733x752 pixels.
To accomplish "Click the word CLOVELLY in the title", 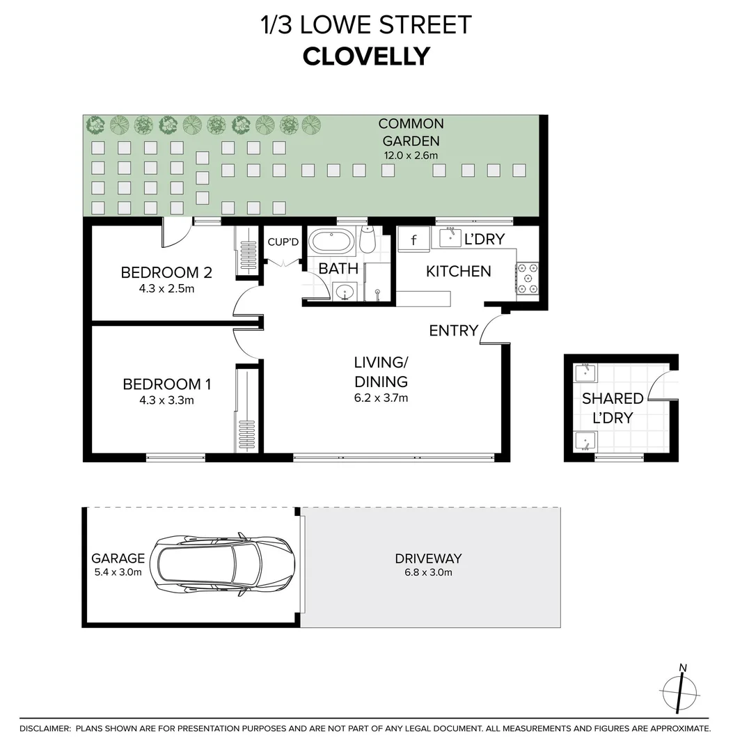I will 366,56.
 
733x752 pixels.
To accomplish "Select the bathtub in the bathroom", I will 332,242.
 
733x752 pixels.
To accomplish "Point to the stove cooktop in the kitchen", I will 527,278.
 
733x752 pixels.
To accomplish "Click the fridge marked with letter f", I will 414,240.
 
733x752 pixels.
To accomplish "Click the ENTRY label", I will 453,331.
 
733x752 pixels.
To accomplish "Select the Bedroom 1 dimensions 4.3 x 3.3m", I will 167,400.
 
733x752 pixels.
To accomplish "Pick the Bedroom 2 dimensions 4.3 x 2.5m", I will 167,288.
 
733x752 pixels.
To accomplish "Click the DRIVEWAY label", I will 428,558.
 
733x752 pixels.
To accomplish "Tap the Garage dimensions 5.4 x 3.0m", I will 118,572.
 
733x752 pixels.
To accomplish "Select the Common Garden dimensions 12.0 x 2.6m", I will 411,155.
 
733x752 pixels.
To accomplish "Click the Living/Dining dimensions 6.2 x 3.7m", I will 380,398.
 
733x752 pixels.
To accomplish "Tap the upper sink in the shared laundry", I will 585,373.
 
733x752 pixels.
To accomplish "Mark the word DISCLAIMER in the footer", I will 45,728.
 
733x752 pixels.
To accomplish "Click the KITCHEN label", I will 458,271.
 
